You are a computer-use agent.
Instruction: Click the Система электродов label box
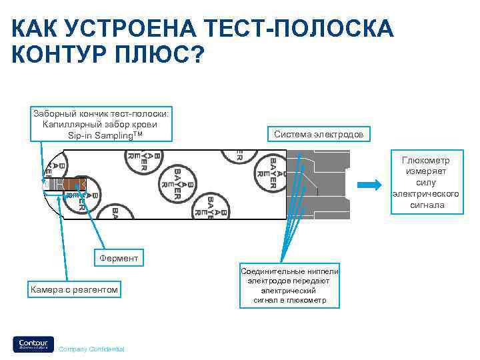(x=319, y=134)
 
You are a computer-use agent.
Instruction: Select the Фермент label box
(x=119, y=257)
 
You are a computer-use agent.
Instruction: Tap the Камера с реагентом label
(x=74, y=289)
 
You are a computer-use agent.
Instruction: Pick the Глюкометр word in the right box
(x=425, y=161)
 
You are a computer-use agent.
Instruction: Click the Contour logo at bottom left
(x=33, y=343)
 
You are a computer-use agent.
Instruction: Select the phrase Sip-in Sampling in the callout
(x=99, y=135)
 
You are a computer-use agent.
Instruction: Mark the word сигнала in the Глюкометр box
(x=427, y=205)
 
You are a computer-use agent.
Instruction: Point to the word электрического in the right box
(x=426, y=194)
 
